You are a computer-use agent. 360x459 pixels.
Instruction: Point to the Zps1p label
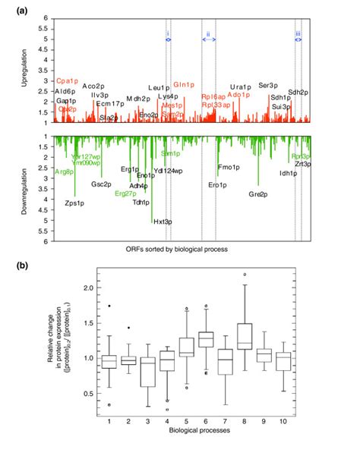[x=74, y=203]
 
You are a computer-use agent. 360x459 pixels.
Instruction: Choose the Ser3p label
[x=268, y=85]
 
